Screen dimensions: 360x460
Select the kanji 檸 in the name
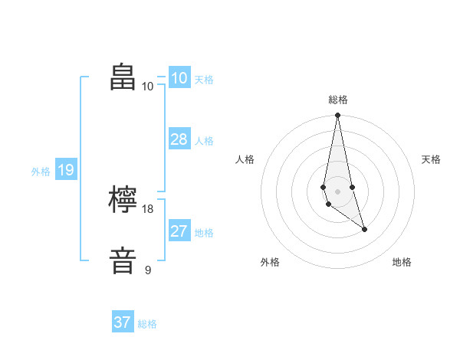[123, 201]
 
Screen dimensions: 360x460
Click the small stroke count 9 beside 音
[148, 270]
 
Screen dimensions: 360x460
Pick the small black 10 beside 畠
[148, 86]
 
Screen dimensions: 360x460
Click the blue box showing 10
[179, 77]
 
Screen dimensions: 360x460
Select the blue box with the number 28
[179, 139]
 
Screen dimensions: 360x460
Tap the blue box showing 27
[179, 231]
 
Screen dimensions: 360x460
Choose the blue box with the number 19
[65, 170]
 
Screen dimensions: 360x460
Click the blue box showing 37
[122, 322]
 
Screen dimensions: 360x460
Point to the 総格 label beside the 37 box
[147, 324]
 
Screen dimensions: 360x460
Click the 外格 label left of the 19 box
[41, 172]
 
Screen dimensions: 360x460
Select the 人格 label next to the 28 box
[204, 140]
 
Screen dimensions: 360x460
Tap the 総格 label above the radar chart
[338, 100]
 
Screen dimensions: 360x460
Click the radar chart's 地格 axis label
[402, 262]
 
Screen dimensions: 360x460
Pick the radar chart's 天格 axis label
[431, 159]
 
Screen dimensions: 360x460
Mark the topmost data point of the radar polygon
[337, 116]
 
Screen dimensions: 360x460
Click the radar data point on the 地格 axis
[364, 229]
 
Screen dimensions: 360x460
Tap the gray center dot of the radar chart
[337, 191]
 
